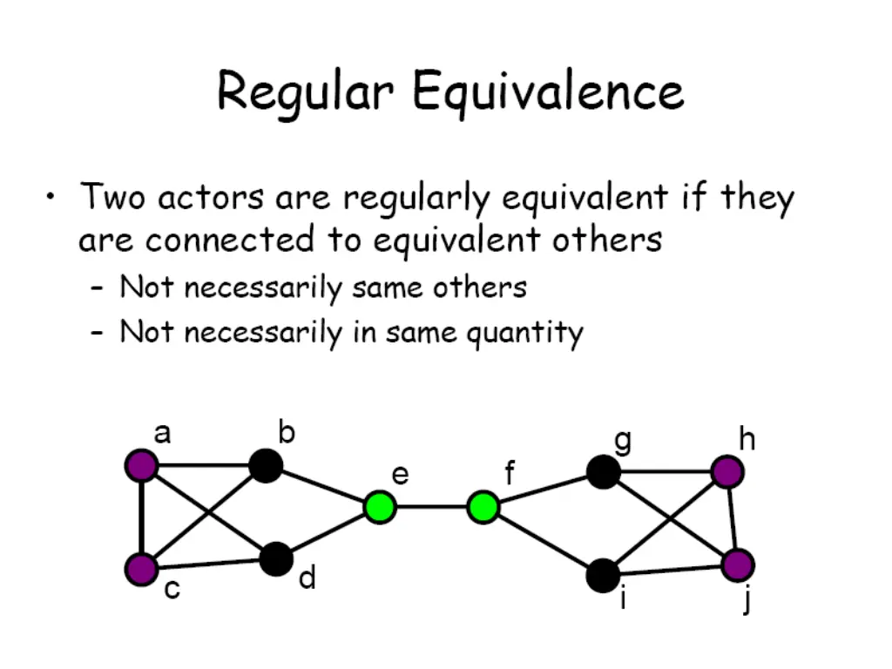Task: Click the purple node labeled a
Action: [x=142, y=465]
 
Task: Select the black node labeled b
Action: [x=266, y=465]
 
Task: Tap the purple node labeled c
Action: [x=142, y=569]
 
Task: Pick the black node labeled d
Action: [x=276, y=558]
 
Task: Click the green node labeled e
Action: [x=379, y=506]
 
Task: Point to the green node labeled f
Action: [x=483, y=506]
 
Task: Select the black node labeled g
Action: [x=603, y=472]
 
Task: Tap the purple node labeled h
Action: [x=726, y=472]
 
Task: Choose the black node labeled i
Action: [x=603, y=575]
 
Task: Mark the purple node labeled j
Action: [x=738, y=565]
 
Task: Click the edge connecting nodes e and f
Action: [x=430, y=506]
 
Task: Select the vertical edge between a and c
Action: [x=142, y=517]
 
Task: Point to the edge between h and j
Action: [x=733, y=519]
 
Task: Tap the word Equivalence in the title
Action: [x=548, y=91]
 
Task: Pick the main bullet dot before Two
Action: [x=52, y=197]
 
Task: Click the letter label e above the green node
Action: [x=400, y=475]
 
